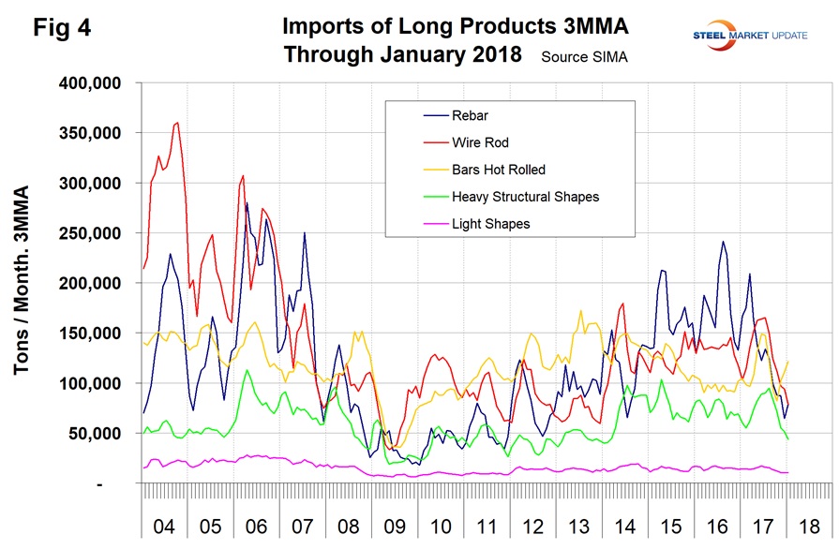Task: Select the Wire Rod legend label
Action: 481,142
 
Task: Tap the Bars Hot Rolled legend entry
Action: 498,170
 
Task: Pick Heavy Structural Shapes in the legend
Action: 524,197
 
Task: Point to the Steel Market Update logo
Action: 742,36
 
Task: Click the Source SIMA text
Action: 584,57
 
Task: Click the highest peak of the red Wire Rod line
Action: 177,122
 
